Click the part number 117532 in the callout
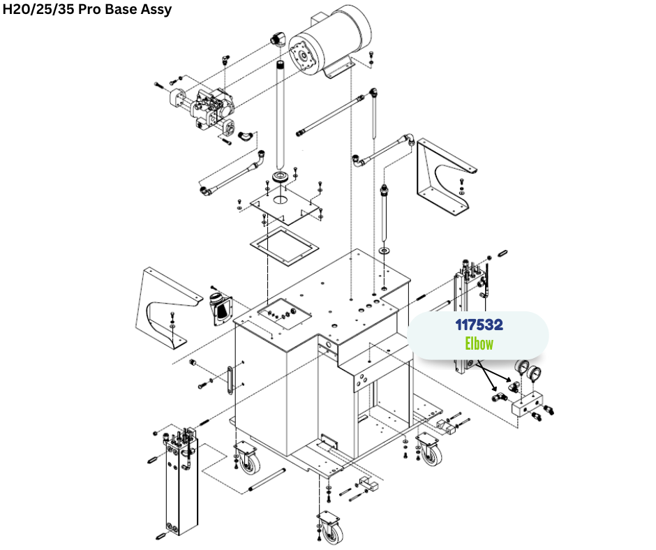[479, 325]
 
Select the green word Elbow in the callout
[479, 343]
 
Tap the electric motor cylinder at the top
[331, 41]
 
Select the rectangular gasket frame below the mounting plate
[285, 246]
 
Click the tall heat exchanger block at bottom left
[181, 482]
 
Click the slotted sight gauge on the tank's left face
[230, 379]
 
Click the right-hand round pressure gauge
[535, 373]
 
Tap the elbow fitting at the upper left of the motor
[278, 39]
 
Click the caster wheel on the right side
[429, 450]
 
